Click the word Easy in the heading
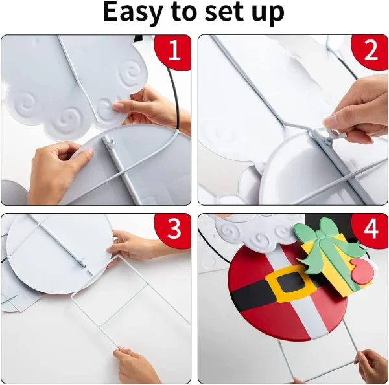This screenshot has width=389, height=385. pyautogui.click(x=133, y=12)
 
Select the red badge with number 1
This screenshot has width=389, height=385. pyautogui.click(x=173, y=50)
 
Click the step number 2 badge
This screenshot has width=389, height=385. pyautogui.click(x=370, y=50)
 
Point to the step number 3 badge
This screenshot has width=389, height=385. pyautogui.click(x=173, y=228)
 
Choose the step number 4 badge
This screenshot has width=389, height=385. pyautogui.click(x=370, y=228)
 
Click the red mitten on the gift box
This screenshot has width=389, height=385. pyautogui.click(x=362, y=271)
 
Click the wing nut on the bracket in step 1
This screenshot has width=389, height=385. pyautogui.click(x=111, y=144)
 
